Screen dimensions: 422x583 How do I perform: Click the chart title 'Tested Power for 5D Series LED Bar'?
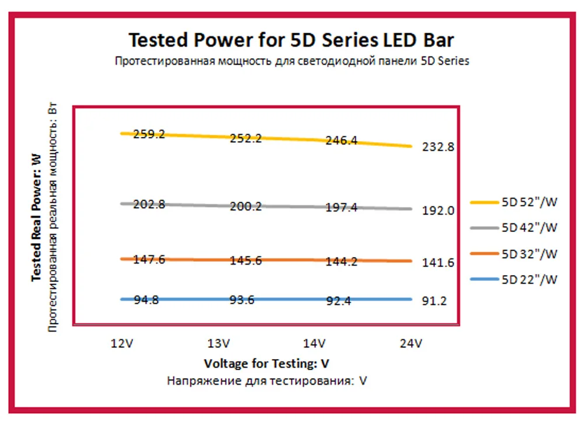click(x=291, y=40)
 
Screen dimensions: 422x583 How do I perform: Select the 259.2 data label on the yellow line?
click(x=149, y=134)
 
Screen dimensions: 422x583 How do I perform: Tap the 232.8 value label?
click(x=438, y=147)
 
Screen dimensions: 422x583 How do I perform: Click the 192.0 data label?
click(x=438, y=210)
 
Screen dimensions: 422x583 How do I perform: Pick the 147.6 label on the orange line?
click(x=149, y=259)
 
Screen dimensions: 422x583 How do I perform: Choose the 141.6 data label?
click(x=438, y=263)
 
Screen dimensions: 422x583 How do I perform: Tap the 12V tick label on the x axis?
click(x=123, y=344)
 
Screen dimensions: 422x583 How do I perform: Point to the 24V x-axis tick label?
click(x=410, y=344)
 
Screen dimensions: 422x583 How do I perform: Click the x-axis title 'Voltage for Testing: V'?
click(x=266, y=364)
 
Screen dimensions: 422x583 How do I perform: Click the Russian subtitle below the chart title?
click(x=291, y=61)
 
